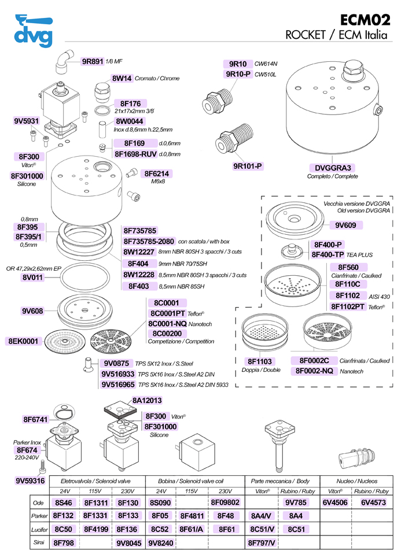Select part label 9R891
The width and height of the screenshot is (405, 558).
(x=92, y=61)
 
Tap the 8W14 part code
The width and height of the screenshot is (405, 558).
(x=122, y=78)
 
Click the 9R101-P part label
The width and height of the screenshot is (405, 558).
(x=248, y=167)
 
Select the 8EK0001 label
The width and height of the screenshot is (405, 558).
(x=23, y=341)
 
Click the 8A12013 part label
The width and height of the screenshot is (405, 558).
(x=148, y=400)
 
